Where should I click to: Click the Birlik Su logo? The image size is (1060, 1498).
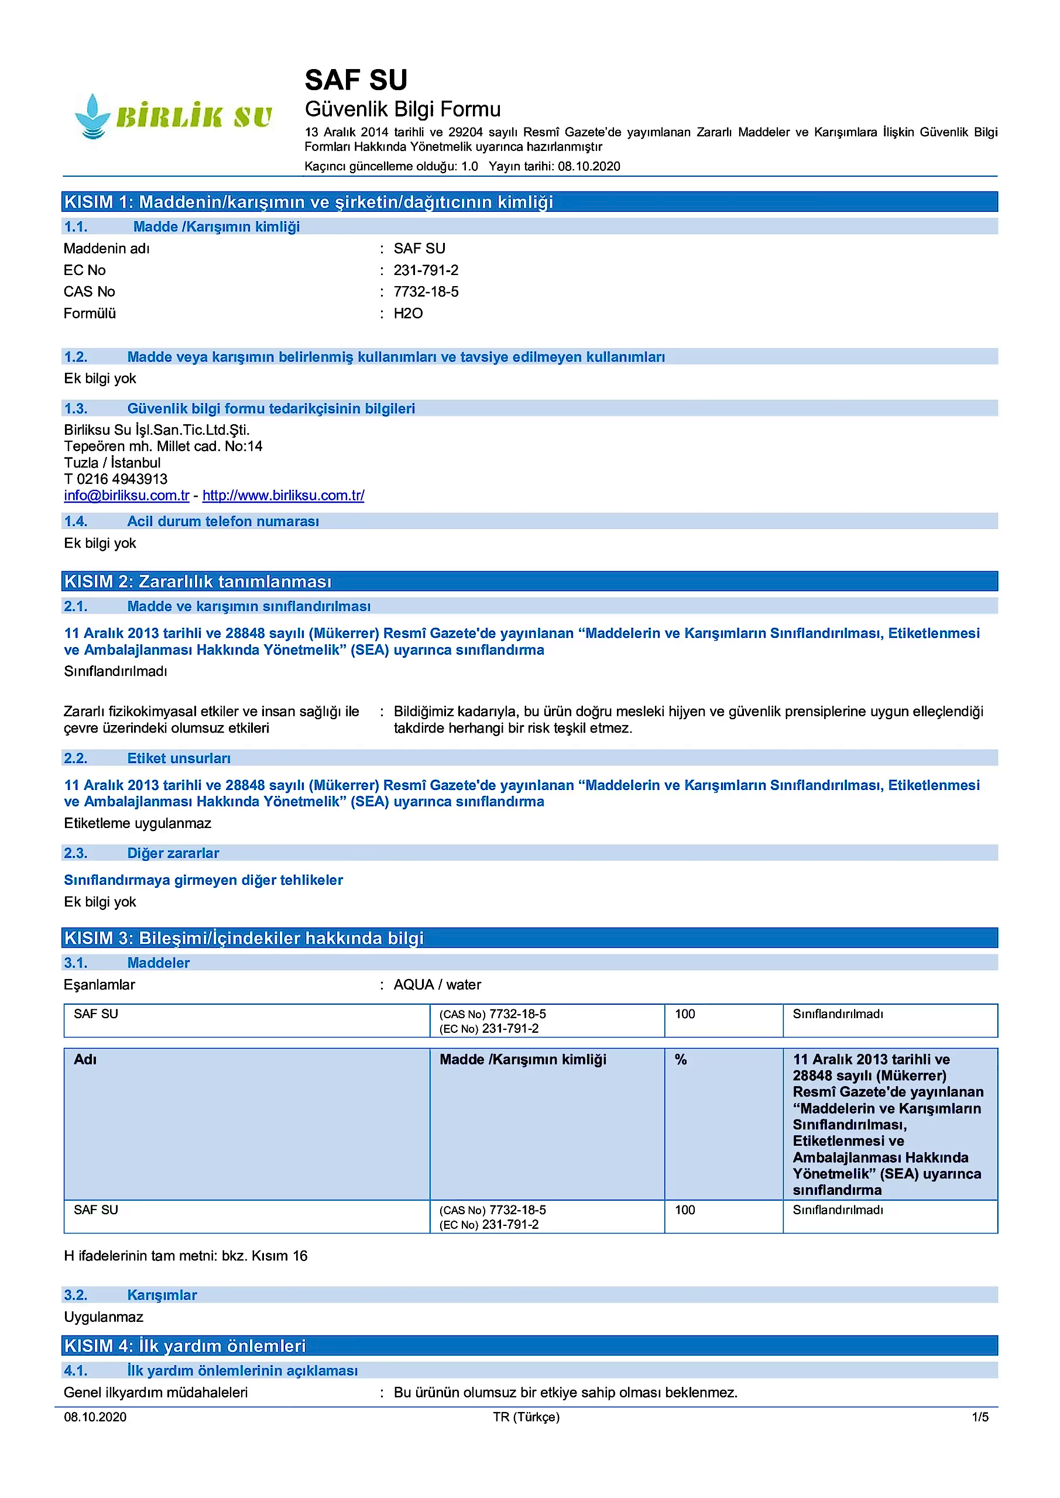(173, 116)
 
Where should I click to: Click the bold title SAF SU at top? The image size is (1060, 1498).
(356, 80)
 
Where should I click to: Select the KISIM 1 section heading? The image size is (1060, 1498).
(308, 202)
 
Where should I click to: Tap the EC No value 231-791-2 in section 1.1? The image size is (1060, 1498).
(426, 270)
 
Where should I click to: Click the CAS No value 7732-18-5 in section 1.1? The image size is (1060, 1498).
(426, 291)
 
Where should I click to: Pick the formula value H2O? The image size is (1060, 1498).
(408, 313)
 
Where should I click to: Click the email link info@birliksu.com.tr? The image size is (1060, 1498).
(126, 495)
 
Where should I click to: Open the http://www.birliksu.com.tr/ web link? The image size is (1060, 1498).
(283, 495)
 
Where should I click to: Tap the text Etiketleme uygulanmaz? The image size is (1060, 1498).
(138, 823)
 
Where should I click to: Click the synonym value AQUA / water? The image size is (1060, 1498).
(437, 985)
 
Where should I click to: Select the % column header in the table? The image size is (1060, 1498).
(681, 1060)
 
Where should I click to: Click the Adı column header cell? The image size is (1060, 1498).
(85, 1060)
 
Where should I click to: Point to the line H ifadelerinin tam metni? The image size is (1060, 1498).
(186, 1256)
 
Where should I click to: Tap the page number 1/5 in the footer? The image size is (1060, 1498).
(980, 1417)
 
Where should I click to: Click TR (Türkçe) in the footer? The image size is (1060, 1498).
(526, 1417)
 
